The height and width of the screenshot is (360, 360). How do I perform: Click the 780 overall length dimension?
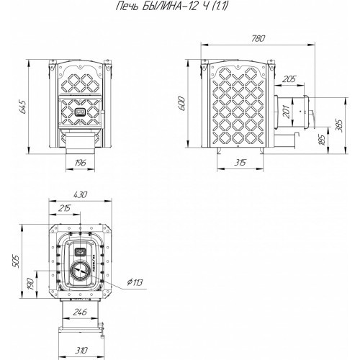[x=258, y=39]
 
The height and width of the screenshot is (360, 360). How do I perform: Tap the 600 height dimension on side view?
[x=181, y=104]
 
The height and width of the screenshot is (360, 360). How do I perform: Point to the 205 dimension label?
[x=289, y=79]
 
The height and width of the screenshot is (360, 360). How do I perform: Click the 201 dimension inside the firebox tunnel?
[x=287, y=111]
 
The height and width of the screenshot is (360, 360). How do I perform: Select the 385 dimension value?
[x=340, y=125]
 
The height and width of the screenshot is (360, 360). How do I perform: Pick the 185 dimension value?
[x=323, y=140]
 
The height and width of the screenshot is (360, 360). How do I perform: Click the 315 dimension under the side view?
[x=240, y=163]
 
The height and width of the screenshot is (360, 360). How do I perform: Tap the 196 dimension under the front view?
[x=80, y=163]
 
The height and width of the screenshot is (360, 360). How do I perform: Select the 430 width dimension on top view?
[x=80, y=194]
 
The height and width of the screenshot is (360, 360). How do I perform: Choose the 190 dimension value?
[x=30, y=284]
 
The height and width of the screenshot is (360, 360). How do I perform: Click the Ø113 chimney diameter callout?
[x=135, y=282]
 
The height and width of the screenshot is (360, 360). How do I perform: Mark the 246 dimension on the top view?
[x=80, y=312]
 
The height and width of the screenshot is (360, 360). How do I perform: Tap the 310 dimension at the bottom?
[x=81, y=351]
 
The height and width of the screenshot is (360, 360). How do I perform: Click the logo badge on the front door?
[x=80, y=112]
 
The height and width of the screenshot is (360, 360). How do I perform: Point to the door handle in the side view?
[x=312, y=119]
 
